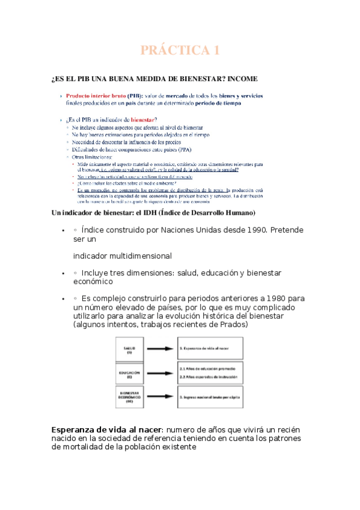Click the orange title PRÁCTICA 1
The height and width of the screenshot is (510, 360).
(180, 51)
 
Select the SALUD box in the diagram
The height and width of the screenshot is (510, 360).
(129, 349)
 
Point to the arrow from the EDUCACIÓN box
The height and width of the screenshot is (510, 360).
(158, 372)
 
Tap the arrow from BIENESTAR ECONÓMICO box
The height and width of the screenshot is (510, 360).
(158, 397)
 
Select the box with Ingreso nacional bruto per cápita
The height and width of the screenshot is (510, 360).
(210, 397)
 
